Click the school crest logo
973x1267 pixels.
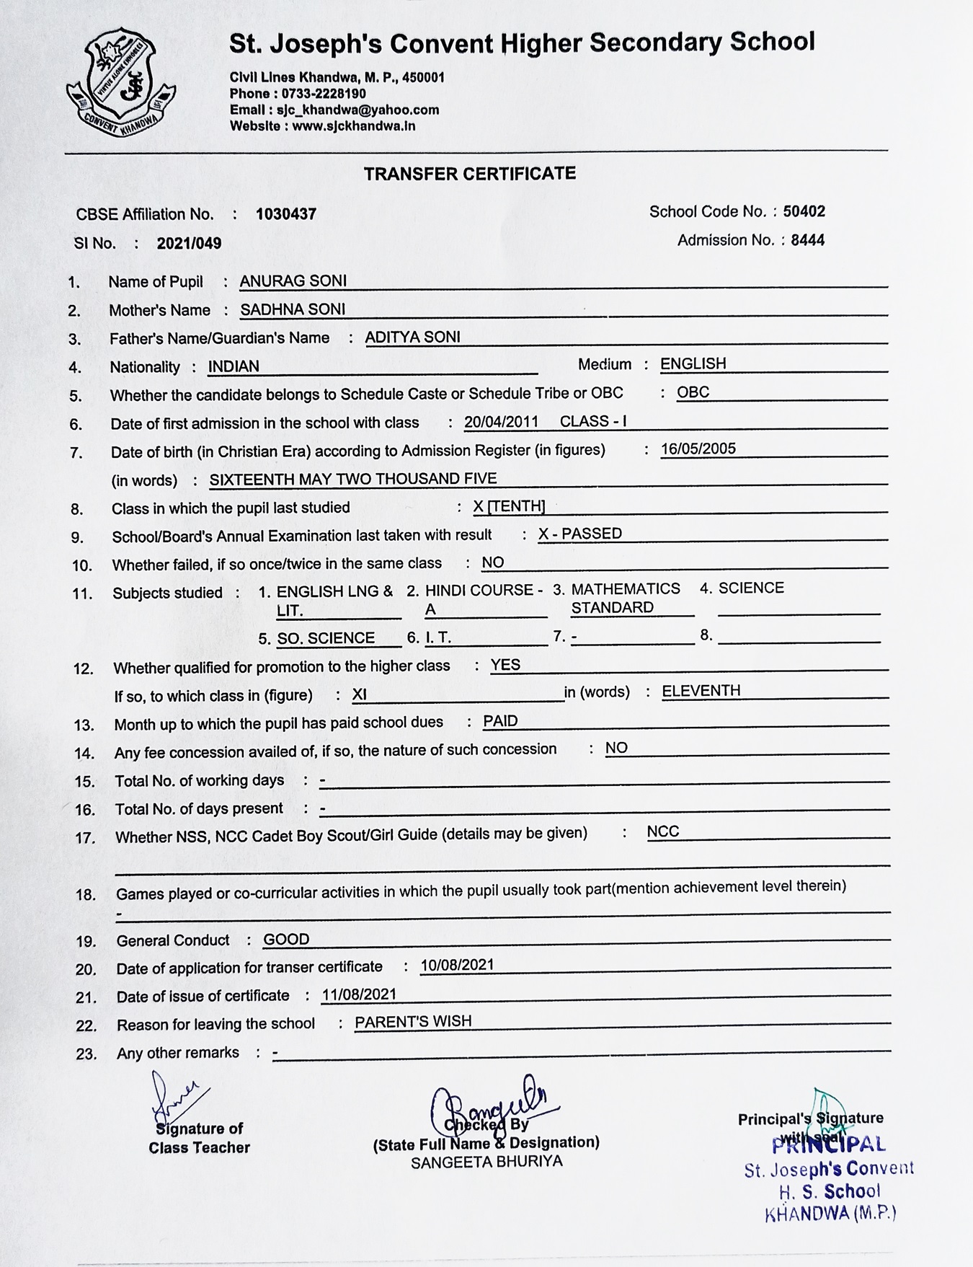(121, 84)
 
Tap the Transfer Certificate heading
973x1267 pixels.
(469, 174)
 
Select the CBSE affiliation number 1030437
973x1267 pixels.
(285, 214)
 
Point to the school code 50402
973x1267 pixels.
(804, 211)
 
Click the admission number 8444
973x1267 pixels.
(807, 240)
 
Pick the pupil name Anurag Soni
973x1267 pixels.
(293, 281)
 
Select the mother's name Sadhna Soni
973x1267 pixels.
(293, 309)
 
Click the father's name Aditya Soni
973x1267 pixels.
(412, 337)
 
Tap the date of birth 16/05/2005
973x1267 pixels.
(698, 449)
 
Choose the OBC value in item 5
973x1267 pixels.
(693, 392)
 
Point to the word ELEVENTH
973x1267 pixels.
(701, 691)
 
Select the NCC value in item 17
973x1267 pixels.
(662, 831)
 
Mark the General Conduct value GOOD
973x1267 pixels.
(286, 939)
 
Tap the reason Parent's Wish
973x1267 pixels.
(413, 1021)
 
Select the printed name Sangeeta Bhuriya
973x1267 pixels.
(487, 1162)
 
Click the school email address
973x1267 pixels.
(334, 110)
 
